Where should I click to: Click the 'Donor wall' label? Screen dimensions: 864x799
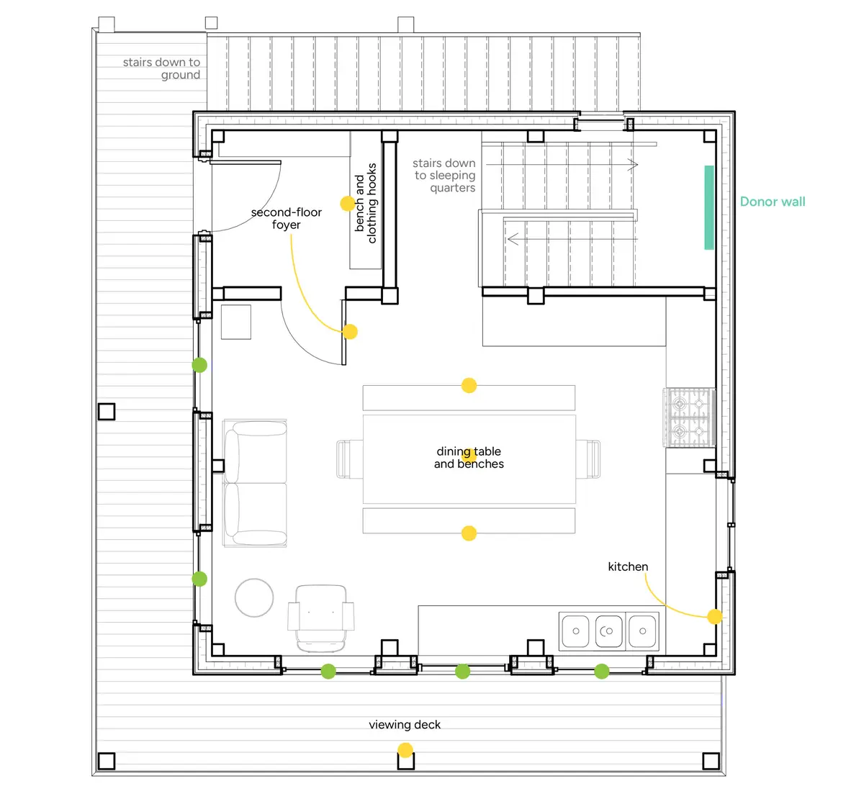click(773, 202)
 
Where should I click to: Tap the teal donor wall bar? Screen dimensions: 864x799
click(709, 207)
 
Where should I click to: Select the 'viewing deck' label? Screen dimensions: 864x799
click(405, 725)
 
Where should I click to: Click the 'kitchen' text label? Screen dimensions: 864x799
click(628, 566)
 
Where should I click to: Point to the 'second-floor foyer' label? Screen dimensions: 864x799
click(287, 218)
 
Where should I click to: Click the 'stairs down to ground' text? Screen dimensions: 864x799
click(161, 68)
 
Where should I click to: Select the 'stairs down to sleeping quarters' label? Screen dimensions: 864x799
click(444, 176)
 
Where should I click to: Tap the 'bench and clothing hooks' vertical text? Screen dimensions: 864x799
click(365, 203)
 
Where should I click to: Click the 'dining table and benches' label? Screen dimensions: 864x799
click(469, 458)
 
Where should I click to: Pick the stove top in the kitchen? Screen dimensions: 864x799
click(689, 417)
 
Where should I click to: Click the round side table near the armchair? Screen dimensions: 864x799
click(254, 597)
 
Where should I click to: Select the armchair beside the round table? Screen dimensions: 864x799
click(320, 618)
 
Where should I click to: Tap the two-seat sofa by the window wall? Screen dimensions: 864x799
click(255, 483)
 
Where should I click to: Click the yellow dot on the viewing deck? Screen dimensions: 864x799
click(405, 750)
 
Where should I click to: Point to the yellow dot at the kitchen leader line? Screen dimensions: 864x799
click(715, 616)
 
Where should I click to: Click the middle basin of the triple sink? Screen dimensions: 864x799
click(608, 631)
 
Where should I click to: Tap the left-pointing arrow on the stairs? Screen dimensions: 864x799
click(572, 239)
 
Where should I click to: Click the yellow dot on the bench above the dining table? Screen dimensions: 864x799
click(469, 385)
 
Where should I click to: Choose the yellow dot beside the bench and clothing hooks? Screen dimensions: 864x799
click(348, 204)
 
